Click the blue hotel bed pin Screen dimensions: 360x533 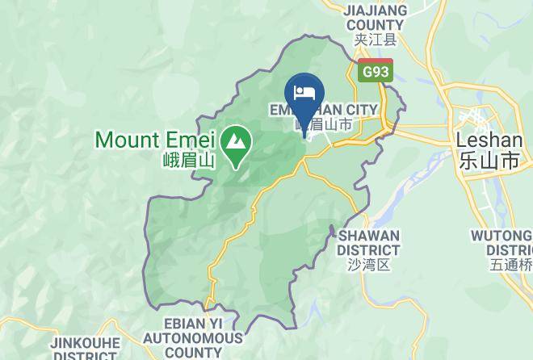(305, 90)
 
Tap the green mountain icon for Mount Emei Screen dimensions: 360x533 (237, 143)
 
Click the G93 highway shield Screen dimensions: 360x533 (375, 71)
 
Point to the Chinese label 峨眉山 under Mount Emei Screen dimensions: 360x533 (187, 160)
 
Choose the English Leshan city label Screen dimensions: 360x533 (489, 140)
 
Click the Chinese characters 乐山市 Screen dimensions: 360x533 (489, 160)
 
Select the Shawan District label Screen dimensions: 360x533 (368, 242)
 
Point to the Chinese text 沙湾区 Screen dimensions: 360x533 (368, 264)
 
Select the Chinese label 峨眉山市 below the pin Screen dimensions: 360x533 (322, 125)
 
